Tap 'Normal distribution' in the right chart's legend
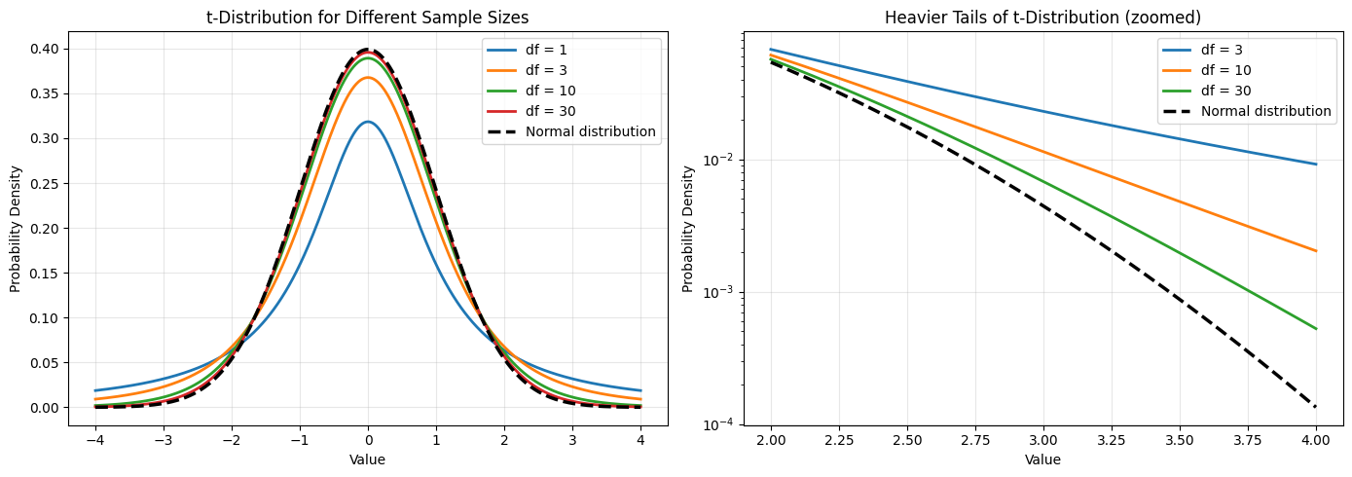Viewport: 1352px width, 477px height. (1265, 111)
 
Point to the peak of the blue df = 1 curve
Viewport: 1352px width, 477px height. (368, 122)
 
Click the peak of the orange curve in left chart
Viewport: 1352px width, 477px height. (368, 78)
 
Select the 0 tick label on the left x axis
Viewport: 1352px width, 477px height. (368, 439)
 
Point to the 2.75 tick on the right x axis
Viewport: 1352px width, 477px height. (975, 439)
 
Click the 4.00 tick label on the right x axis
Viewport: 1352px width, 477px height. (1316, 439)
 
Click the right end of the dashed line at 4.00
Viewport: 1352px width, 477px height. (1316, 407)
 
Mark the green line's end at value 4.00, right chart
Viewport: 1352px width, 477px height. (1316, 329)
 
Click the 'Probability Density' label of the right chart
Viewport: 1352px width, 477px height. (688, 229)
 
